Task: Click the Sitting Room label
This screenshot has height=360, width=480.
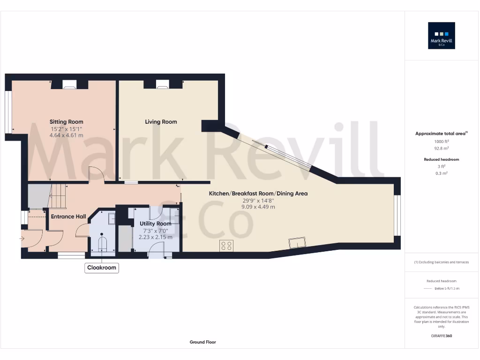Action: (66, 122)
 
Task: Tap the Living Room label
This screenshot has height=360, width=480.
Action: (161, 122)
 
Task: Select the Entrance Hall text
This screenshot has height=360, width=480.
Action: (68, 217)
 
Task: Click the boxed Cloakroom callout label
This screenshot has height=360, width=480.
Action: (102, 268)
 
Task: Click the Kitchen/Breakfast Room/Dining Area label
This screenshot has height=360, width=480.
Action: (258, 193)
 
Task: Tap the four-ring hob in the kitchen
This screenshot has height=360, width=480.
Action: (227, 245)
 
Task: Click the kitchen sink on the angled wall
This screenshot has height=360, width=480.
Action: (298, 242)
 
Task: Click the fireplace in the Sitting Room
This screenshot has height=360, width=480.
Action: (69, 84)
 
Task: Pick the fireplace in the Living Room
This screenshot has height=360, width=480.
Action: (163, 84)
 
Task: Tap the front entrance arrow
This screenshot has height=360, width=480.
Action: (21, 239)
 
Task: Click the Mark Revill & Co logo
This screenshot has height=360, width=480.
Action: (442, 36)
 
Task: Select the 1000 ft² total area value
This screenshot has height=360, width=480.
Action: (442, 141)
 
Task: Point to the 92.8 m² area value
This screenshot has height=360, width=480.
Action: (442, 148)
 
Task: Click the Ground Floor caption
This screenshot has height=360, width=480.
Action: (202, 342)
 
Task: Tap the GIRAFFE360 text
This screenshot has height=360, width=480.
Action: (442, 336)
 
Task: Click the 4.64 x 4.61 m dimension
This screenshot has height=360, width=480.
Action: (66, 135)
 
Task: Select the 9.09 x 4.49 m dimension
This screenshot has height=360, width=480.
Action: (258, 206)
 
